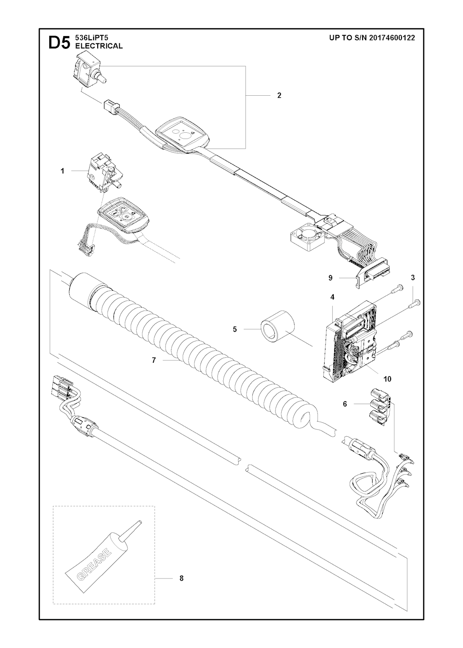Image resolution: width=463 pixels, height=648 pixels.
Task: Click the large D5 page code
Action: [x=59, y=43]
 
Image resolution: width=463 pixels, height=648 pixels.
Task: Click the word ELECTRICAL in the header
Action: [x=99, y=46]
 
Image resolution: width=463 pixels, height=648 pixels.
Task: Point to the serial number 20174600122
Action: [x=392, y=37]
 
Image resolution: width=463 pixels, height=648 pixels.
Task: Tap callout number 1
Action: [x=62, y=171]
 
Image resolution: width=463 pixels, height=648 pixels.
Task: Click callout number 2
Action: [x=279, y=95]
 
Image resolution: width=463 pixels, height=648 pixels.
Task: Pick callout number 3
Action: [x=413, y=278]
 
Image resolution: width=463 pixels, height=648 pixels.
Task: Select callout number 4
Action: [x=333, y=297]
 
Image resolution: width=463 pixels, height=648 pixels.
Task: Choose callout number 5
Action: [x=235, y=329]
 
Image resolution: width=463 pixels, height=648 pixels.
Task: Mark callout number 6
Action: [x=345, y=404]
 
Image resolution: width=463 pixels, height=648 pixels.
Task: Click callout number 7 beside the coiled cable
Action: [x=154, y=360]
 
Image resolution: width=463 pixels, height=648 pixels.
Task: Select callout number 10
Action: [x=387, y=379]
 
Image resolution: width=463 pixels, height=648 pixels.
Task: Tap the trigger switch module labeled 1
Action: [x=103, y=173]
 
